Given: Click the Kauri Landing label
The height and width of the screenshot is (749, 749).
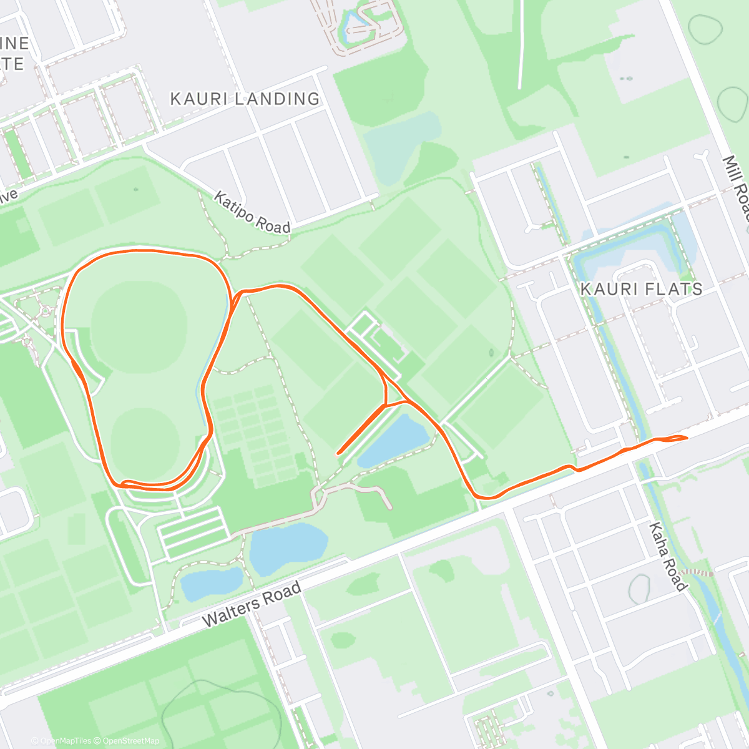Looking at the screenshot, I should pos(245,99).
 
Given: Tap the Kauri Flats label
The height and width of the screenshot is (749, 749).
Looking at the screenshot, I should pos(641,289).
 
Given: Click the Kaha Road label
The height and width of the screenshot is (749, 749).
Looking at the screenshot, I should pos(668,557).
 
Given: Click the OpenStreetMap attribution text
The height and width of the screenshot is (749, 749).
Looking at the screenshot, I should pos(130,741).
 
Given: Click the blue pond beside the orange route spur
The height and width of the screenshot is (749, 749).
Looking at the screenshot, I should pos(394,441).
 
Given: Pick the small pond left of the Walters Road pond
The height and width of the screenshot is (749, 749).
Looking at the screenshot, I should pos(210,582).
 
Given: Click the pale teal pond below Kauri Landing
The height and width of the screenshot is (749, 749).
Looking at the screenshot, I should pos(403,140).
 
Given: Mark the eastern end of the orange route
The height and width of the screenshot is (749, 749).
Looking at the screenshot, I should pos(686,438).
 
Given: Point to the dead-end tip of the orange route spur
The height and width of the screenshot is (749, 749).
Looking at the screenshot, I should pos(338,452).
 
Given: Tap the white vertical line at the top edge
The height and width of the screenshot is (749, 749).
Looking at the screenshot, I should pos(520,44).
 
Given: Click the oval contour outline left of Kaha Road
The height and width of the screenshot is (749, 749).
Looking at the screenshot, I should pos(639,589).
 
